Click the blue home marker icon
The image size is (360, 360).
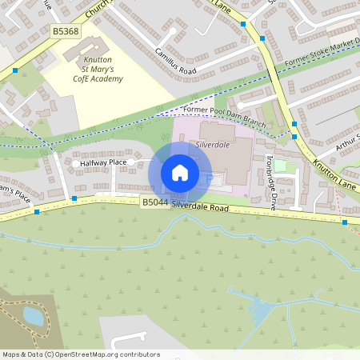pyautogui.click(x=180, y=173)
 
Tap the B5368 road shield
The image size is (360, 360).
pyautogui.click(x=66, y=31)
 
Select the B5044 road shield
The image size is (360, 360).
pyautogui.click(x=154, y=202)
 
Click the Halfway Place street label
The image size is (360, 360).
pyautogui.click(x=103, y=162)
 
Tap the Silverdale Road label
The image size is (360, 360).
pyautogui.click(x=200, y=206)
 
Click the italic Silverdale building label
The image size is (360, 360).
pyautogui.click(x=212, y=145)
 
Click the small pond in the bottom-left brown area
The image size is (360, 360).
pyautogui.click(x=33, y=315)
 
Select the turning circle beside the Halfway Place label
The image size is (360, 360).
pyautogui.click(x=77, y=163)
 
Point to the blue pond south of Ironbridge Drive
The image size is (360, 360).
pyautogui.click(x=261, y=307)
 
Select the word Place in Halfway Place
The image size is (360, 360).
pyautogui.click(x=118, y=162)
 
